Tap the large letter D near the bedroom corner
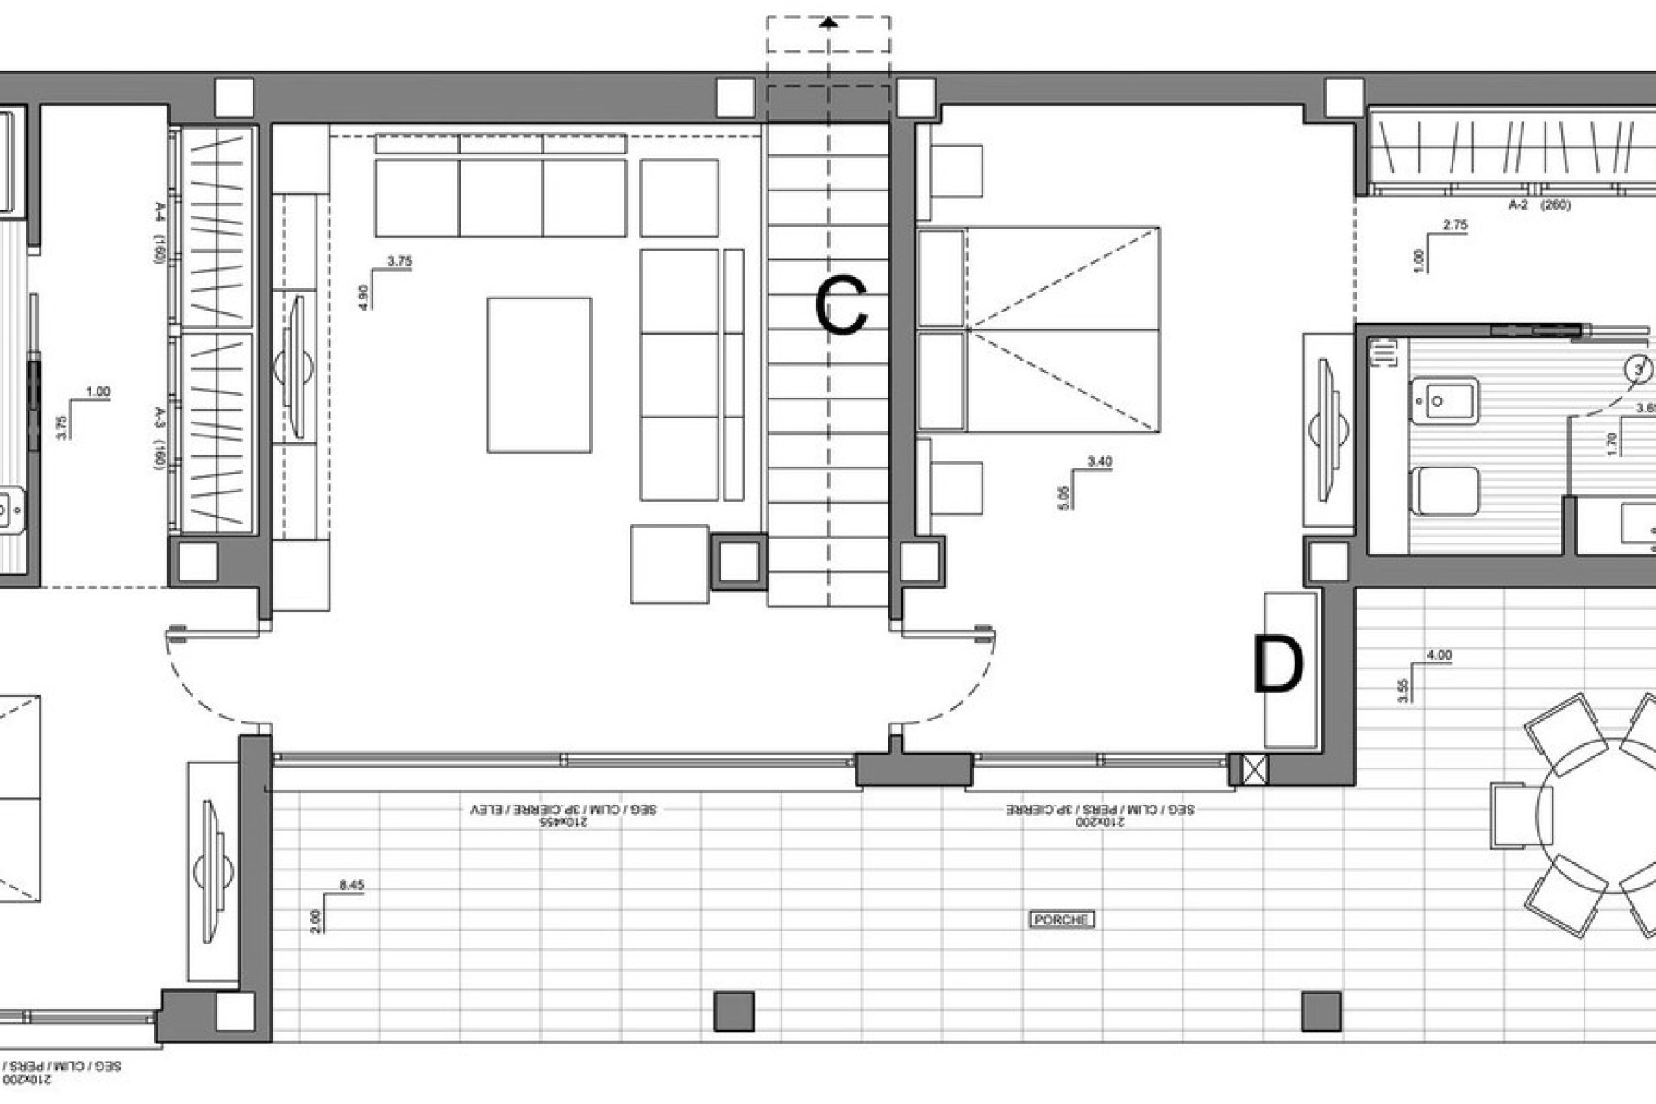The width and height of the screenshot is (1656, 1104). coord(1277,666)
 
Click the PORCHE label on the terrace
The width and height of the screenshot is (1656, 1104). coord(1061,919)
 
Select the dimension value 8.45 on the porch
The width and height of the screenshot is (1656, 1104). coord(352,885)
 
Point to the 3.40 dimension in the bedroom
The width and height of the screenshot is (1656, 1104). coord(1100,462)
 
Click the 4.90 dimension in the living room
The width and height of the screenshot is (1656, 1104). coord(363,297)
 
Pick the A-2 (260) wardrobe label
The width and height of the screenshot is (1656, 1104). coord(1539,205)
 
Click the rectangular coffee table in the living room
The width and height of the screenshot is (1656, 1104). coord(539,375)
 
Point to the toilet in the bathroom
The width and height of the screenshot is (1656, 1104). coord(1446,491)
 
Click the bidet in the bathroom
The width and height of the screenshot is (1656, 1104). coord(1446,402)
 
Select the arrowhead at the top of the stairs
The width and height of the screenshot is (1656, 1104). coord(829,23)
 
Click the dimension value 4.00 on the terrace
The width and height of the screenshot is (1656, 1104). coord(1440,655)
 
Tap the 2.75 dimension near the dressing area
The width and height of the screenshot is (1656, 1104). coord(1454,225)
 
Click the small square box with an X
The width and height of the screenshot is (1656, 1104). coord(1255,768)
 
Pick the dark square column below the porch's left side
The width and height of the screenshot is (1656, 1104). coord(734,1011)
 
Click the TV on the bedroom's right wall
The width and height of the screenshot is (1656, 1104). coord(1327,429)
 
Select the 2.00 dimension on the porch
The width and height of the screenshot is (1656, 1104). coord(315,921)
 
